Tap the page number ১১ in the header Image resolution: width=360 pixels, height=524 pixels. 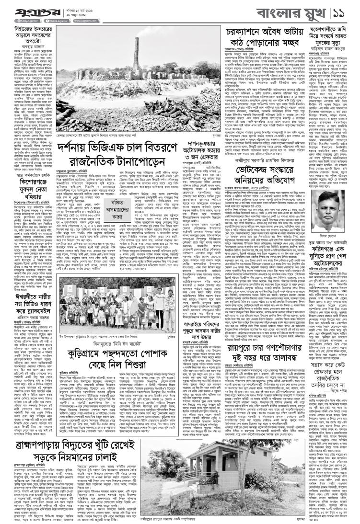click(345, 11)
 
